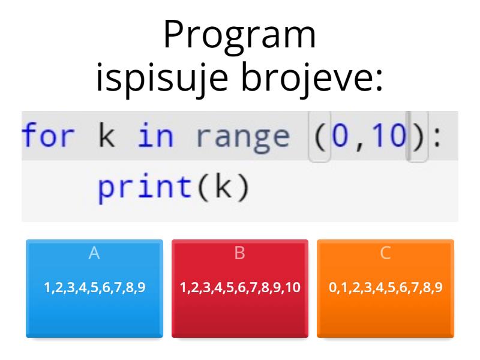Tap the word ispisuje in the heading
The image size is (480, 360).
(161, 79)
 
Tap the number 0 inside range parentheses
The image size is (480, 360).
(341, 136)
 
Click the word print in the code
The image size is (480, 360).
(142, 188)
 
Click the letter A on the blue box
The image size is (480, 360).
(94, 253)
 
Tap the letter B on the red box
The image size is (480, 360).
(240, 253)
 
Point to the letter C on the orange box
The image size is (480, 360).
(385, 253)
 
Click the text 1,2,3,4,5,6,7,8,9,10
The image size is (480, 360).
(240, 287)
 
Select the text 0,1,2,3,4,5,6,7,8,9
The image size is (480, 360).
(385, 287)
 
